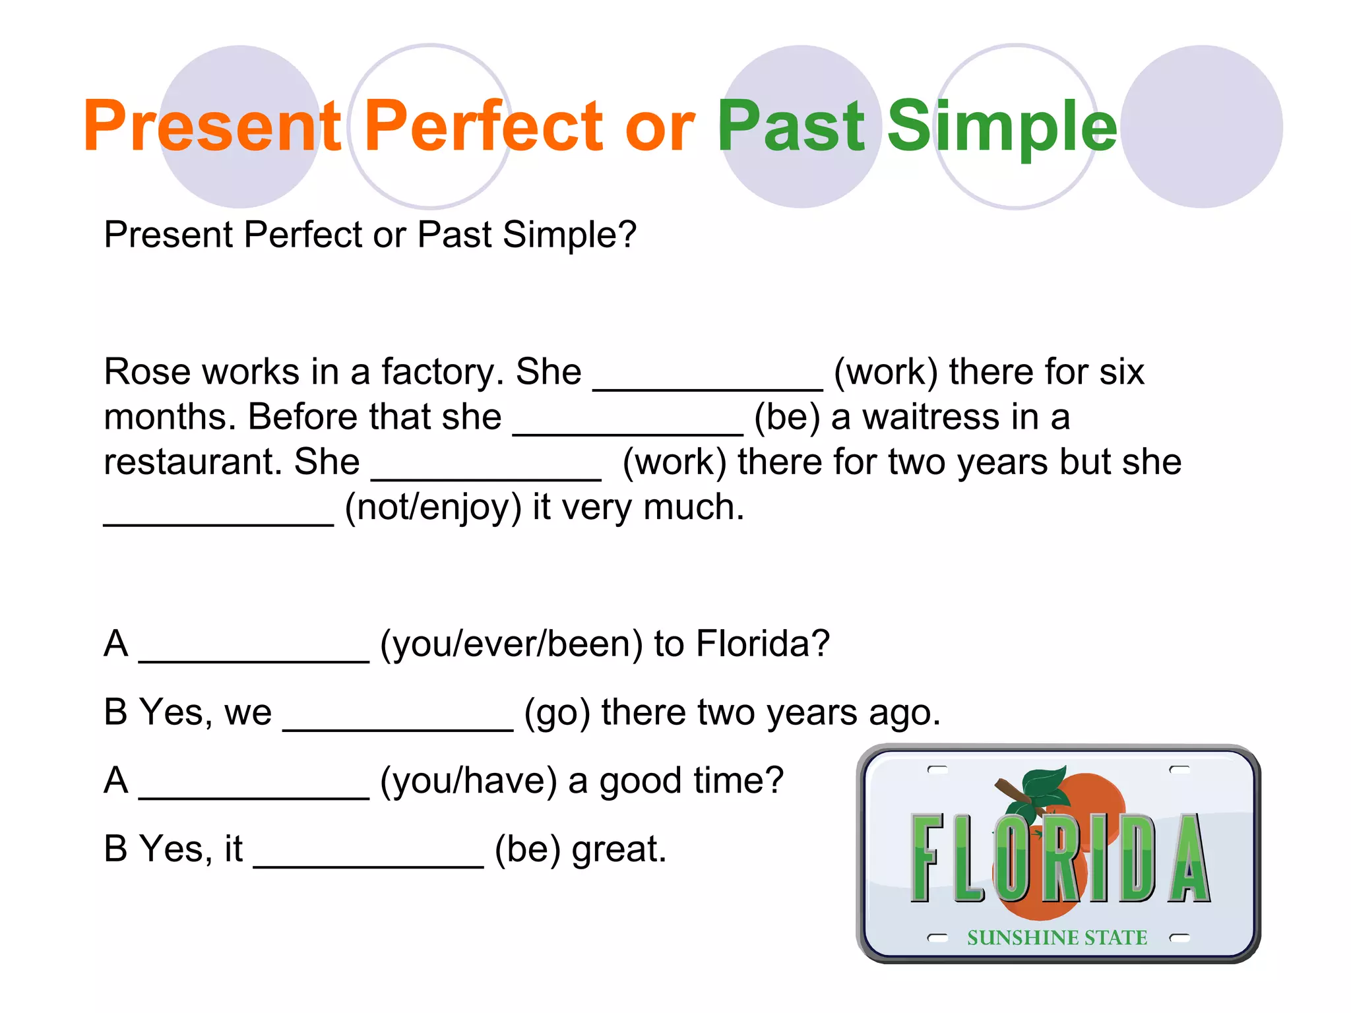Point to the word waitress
pos(931,417)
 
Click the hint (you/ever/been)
pos(511,644)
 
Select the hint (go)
pos(557,713)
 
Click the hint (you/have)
pos(468,781)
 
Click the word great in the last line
pos(619,849)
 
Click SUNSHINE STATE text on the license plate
pos(1057,938)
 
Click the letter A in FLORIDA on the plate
pos(1189,859)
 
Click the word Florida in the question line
pos(763,644)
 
